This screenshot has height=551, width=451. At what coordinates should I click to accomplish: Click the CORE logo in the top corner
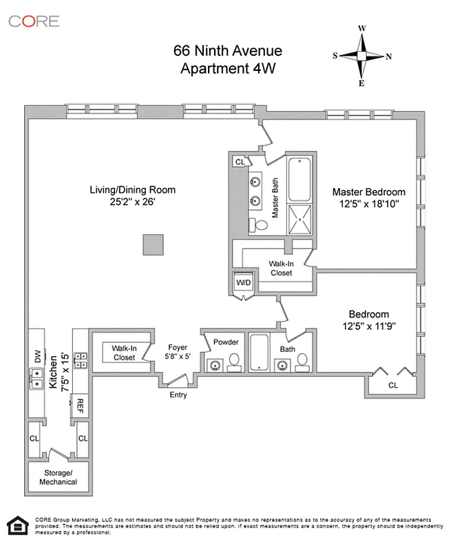(34, 21)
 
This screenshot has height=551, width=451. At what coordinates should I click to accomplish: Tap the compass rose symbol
(362, 56)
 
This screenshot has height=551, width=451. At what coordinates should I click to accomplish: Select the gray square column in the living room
(153, 245)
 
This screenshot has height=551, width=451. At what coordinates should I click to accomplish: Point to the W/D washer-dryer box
(244, 282)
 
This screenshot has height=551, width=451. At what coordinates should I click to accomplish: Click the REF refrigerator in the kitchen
(80, 404)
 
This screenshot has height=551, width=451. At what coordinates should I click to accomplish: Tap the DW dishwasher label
(37, 357)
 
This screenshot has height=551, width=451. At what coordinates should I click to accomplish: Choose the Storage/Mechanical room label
(54, 477)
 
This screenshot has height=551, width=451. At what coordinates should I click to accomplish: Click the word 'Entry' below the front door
(178, 395)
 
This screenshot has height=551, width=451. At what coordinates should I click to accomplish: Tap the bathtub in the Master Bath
(300, 180)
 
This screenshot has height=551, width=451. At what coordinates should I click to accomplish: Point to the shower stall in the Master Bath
(300, 220)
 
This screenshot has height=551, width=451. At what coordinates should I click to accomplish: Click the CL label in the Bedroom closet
(392, 385)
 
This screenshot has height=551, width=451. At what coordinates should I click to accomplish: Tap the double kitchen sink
(36, 378)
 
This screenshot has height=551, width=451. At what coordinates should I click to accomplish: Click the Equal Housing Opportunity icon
(15, 524)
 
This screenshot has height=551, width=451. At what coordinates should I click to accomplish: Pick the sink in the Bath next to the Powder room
(282, 365)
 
